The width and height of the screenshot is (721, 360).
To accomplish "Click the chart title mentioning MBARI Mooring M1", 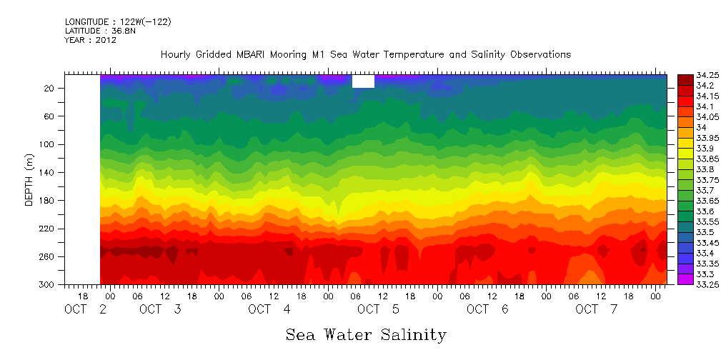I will point(365,55).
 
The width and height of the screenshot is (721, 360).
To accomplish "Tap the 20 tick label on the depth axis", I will point(51,88).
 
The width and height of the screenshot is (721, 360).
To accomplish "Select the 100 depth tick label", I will point(49,144).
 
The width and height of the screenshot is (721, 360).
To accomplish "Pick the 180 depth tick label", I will point(49,201).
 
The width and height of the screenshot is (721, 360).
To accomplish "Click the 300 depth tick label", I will point(49,285).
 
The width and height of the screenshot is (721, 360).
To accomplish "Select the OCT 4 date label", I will point(269,309).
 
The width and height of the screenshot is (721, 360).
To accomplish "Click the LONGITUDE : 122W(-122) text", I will point(118,22).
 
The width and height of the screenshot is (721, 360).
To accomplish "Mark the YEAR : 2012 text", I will point(90,41).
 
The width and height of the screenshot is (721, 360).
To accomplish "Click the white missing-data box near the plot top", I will point(363,81).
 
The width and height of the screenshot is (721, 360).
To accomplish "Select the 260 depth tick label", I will point(49,257).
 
